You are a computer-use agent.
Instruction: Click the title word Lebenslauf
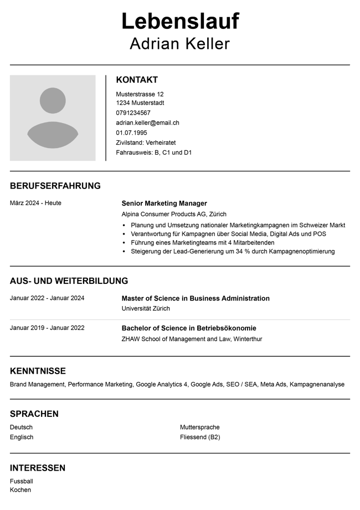coord(180,22)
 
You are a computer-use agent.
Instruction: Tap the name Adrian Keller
coord(179,44)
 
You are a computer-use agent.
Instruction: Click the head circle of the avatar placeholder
coord(53,101)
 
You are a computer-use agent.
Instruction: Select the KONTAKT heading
coord(137,80)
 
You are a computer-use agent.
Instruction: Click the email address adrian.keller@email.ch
coord(147,123)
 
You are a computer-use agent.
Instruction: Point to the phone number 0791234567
coord(133,113)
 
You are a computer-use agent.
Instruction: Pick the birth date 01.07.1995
coord(131,132)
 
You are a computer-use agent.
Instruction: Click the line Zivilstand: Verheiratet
coord(146,142)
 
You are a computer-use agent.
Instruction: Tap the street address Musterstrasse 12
coord(140,94)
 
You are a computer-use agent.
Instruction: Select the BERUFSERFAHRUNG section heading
coord(55,186)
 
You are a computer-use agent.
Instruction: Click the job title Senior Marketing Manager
coord(164,203)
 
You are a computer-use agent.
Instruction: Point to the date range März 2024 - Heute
coord(35,203)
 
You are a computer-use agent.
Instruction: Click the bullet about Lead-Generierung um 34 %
coord(233,251)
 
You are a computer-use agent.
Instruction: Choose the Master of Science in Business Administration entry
coord(196,298)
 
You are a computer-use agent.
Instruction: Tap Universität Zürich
coord(146,308)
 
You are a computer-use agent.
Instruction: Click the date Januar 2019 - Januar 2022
coord(47,328)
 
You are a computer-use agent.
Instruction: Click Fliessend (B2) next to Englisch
coord(199,437)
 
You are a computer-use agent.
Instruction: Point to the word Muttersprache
coord(199,427)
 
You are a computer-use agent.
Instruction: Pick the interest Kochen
coord(20,489)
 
